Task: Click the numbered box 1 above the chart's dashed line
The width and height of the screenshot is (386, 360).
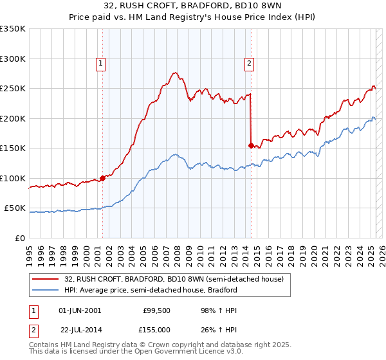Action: pyautogui.click(x=102, y=63)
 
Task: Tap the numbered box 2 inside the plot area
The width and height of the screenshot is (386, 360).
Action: pyautogui.click(x=249, y=63)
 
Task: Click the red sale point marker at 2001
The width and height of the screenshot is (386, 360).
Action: pyautogui.click(x=102, y=179)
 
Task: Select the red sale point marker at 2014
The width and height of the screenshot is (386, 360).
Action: pyautogui.click(x=251, y=145)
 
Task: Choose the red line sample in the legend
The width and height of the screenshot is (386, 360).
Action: pyautogui.click(x=46, y=279)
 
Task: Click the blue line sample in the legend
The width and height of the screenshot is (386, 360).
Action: pyautogui.click(x=46, y=290)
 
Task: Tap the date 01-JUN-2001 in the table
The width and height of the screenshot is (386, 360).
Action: pyautogui.click(x=80, y=310)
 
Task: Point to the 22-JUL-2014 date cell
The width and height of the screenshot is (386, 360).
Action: pyautogui.click(x=80, y=328)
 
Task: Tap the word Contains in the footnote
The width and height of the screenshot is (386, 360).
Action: pyautogui.click(x=44, y=345)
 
